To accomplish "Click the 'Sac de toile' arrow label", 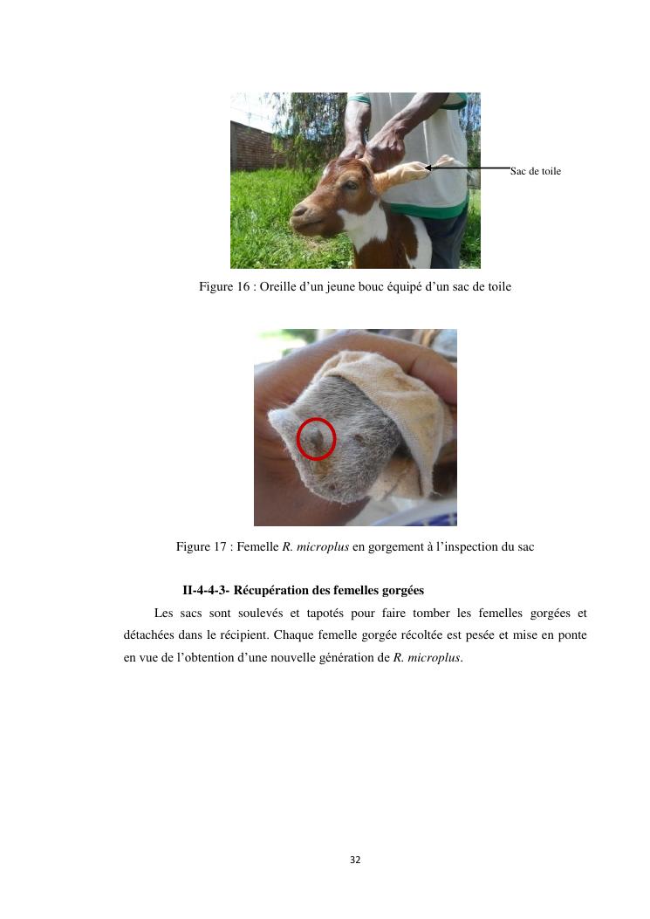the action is click(535, 171).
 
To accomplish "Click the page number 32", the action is click(355, 860).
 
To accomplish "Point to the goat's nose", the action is click(298, 209).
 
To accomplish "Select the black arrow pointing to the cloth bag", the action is click(467, 168).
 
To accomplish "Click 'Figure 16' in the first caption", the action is click(224, 286).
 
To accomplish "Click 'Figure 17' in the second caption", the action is click(201, 547).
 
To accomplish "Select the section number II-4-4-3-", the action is click(206, 590).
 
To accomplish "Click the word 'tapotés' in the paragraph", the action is click(325, 614).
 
